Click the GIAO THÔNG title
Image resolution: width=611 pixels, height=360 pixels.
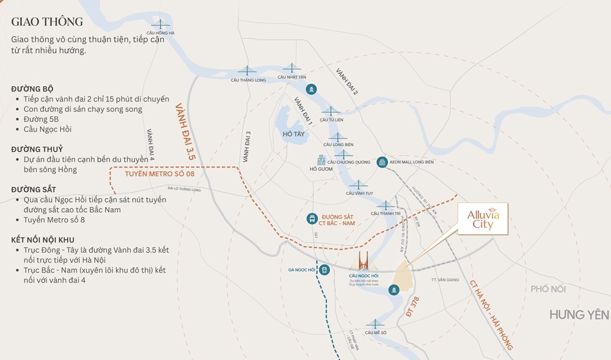(x=47, y=22)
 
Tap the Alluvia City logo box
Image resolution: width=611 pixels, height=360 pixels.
(x=483, y=219)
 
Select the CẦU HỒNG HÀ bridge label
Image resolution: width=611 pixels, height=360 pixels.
(x=161, y=33)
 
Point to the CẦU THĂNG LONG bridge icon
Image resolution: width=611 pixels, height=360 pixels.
(x=247, y=70)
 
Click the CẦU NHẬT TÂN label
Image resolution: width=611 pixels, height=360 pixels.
(x=292, y=77)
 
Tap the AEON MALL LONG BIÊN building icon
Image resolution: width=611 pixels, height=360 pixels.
(x=382, y=162)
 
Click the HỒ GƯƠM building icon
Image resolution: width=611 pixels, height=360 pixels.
(x=321, y=160)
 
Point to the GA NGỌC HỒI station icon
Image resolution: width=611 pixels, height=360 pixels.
(x=324, y=270)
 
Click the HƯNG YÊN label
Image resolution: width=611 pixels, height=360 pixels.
(x=579, y=315)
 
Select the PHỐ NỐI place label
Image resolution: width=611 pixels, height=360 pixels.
(x=549, y=289)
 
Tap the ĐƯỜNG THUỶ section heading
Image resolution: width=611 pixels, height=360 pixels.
(x=37, y=149)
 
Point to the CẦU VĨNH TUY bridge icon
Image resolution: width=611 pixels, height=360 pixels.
(x=359, y=184)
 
